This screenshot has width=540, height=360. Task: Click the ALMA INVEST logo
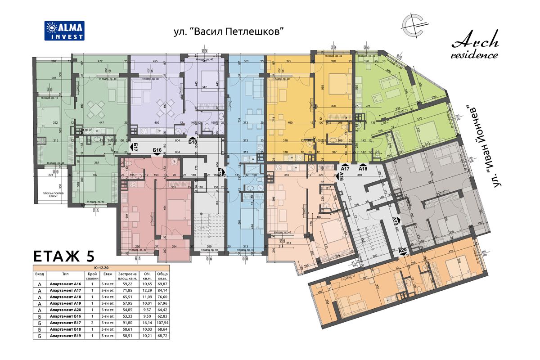click(x=64, y=31)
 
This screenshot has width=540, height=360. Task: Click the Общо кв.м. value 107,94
click(x=162, y=323)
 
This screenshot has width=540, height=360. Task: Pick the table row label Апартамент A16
click(x=66, y=284)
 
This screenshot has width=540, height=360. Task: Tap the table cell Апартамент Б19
click(x=66, y=335)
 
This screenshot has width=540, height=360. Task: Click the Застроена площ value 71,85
click(x=124, y=291)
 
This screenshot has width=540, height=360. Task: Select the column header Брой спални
click(x=92, y=275)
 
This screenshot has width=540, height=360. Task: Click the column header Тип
click(x=66, y=274)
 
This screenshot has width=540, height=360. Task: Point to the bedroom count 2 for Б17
click(x=92, y=323)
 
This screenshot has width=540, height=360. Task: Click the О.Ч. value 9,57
click(x=147, y=310)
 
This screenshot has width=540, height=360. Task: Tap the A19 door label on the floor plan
click(x=394, y=221)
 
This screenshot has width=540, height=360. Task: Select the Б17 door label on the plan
click(x=135, y=147)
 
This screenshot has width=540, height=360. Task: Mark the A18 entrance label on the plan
click(x=363, y=168)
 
